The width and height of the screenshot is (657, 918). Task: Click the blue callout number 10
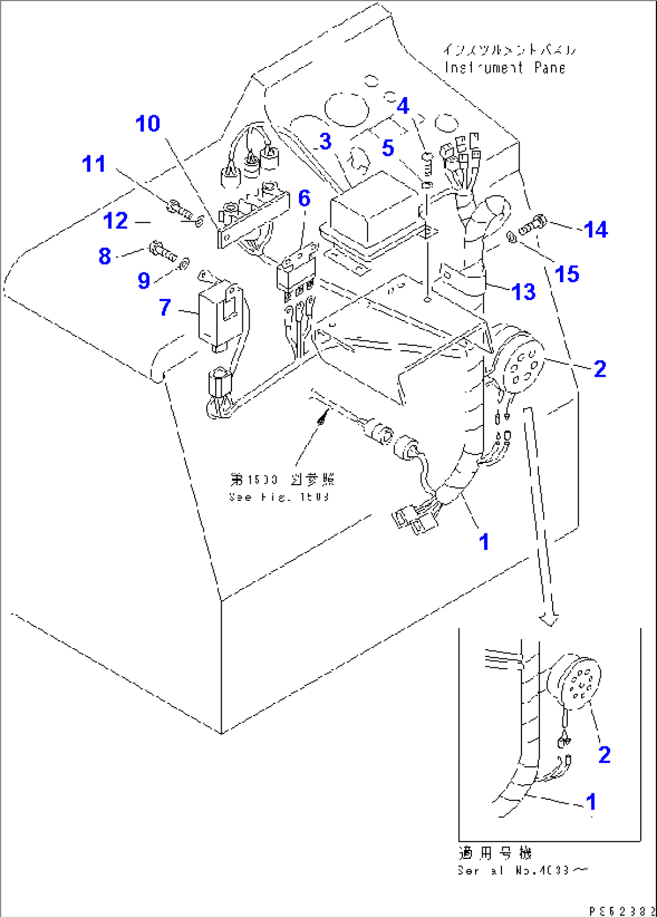click(148, 124)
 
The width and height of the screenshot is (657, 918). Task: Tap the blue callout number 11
click(93, 164)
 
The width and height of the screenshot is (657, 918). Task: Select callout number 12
click(115, 221)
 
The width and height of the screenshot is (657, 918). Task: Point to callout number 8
click(105, 256)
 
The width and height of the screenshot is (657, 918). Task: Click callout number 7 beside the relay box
click(165, 307)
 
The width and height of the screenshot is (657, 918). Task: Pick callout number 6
click(304, 198)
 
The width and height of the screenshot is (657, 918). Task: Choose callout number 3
click(325, 142)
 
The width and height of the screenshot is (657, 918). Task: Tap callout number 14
click(596, 230)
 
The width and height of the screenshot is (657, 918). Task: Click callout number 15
click(567, 274)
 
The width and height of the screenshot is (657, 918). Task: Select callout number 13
click(523, 292)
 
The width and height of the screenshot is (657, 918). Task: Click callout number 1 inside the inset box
click(591, 802)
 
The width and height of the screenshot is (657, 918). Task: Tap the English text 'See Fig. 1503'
click(279, 497)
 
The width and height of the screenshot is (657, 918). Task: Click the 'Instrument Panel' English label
click(505, 68)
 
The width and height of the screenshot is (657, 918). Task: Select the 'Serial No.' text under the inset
click(522, 870)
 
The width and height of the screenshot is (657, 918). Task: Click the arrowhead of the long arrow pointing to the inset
click(549, 619)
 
